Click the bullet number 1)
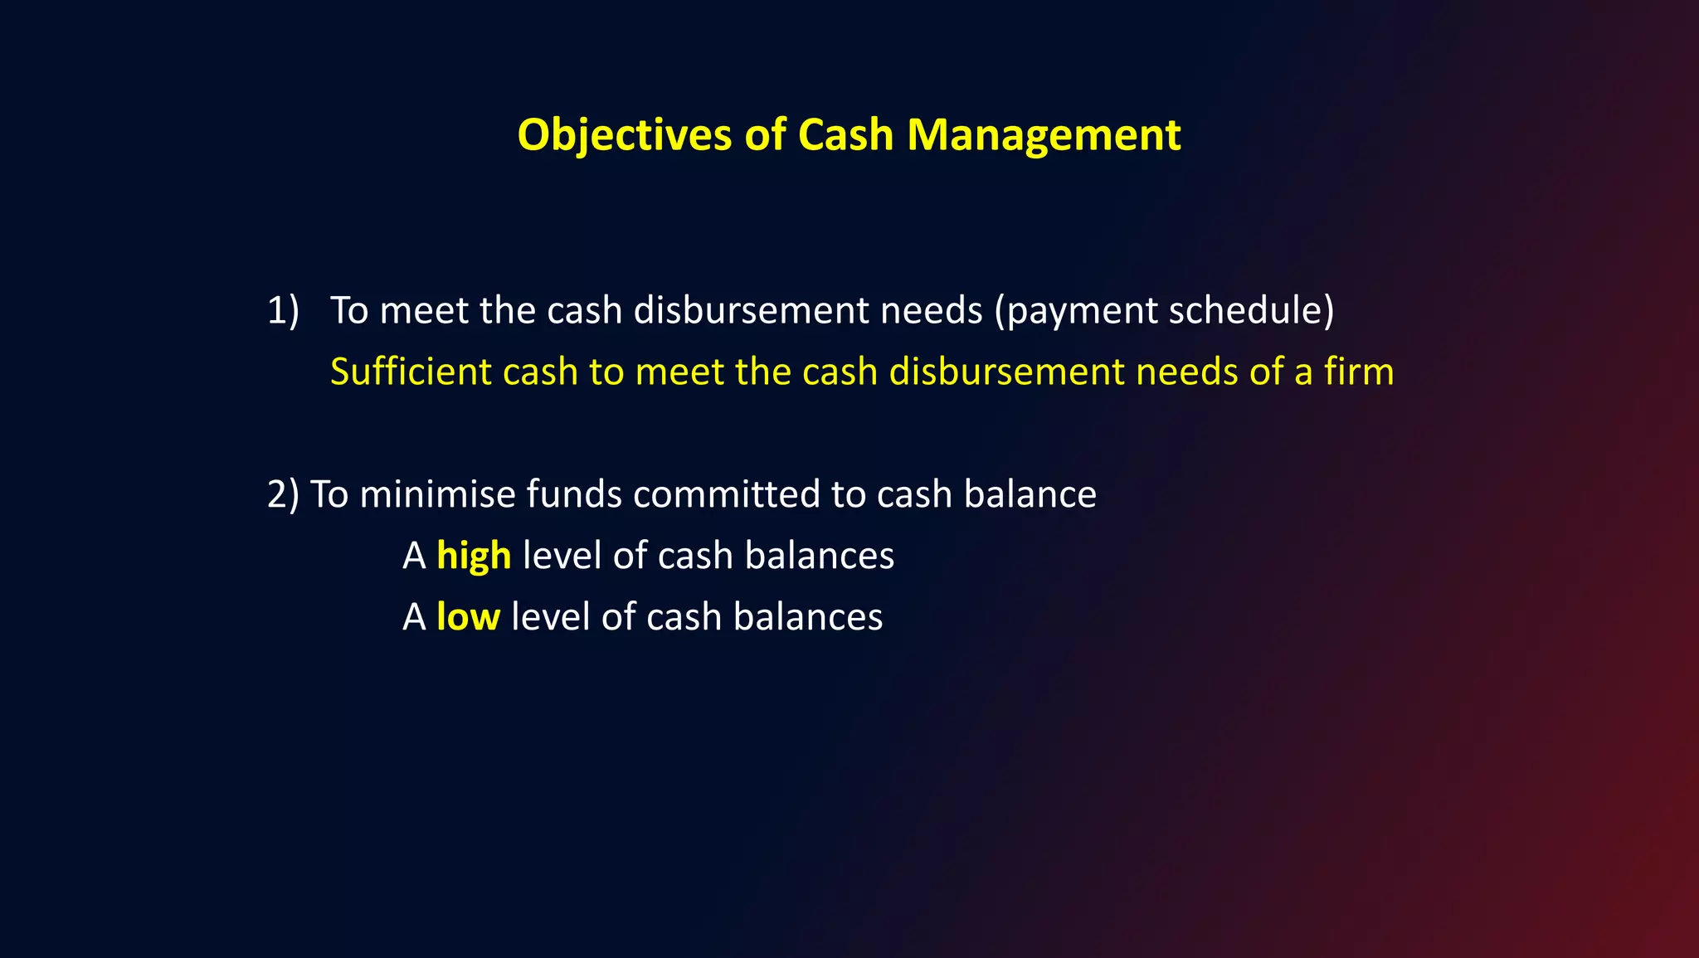click(x=282, y=311)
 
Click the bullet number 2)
click(x=282, y=495)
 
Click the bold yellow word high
click(x=474, y=556)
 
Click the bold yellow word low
click(x=468, y=617)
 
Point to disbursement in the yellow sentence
click(x=1006, y=372)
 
